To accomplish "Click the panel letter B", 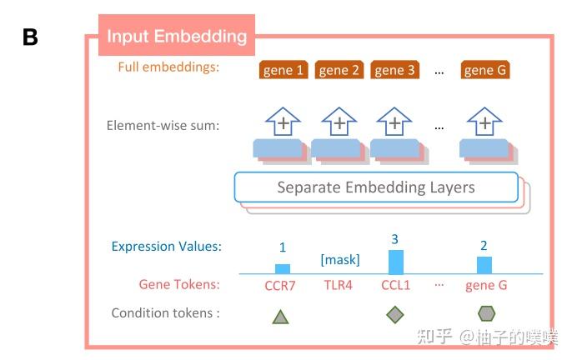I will (x=29, y=37).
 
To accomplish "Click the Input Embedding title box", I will (x=177, y=36).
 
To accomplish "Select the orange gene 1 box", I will (x=283, y=70).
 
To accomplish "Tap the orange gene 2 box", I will (x=339, y=70).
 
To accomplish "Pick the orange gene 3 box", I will (x=394, y=70).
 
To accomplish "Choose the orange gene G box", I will (x=484, y=70).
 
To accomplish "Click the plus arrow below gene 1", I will (x=283, y=123).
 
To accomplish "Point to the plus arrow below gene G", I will (x=484, y=123).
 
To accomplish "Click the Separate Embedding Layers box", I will (x=376, y=187).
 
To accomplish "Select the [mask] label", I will (x=340, y=259).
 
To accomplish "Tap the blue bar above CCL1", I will (x=395, y=262).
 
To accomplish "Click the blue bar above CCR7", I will (x=283, y=268).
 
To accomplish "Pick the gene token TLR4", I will (x=339, y=285).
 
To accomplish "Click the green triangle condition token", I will (x=281, y=316).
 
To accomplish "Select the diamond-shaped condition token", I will (x=395, y=314).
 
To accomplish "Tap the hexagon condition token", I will (x=485, y=313).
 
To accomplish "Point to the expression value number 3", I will (x=394, y=239).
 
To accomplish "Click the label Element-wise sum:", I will (x=163, y=126).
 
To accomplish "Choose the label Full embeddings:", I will (x=168, y=67).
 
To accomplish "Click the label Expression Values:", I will (x=167, y=247).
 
